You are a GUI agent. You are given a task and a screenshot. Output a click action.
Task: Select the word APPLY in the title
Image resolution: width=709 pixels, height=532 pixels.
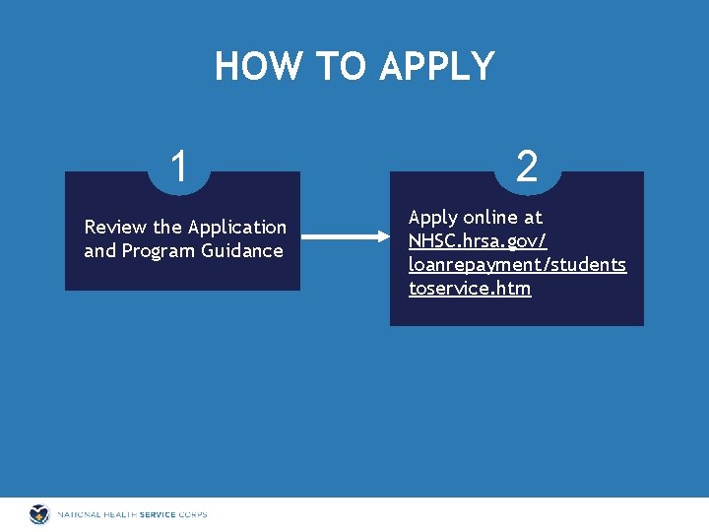(437, 67)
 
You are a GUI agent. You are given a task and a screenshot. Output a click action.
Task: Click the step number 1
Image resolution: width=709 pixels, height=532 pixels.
(178, 166)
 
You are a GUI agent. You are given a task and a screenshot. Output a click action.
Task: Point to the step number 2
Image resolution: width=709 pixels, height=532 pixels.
(527, 167)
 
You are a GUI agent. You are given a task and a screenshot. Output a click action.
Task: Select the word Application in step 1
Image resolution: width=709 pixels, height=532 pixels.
(236, 228)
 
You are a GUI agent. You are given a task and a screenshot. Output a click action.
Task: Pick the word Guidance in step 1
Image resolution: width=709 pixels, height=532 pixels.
(242, 251)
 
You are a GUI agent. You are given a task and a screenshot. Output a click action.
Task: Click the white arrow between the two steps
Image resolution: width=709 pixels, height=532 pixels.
(345, 236)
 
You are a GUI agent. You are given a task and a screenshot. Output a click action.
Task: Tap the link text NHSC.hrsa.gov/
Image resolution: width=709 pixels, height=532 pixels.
(478, 241)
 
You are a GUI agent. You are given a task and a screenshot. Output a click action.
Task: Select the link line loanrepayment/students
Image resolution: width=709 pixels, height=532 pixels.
(517, 265)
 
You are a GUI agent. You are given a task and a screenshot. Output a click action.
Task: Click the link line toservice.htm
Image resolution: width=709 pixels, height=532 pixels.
(470, 289)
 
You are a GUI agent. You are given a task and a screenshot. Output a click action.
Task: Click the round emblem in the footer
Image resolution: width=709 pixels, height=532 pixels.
(39, 514)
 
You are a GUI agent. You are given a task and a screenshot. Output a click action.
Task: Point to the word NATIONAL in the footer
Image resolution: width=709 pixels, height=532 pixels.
(78, 514)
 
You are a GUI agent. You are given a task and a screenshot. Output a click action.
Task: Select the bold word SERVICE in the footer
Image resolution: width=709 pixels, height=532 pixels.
(160, 514)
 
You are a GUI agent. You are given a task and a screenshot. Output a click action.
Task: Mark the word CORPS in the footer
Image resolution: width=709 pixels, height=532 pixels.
(194, 514)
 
